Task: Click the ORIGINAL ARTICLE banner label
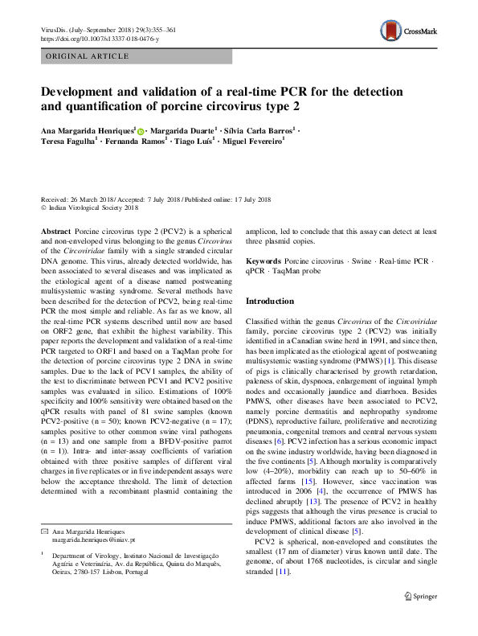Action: [x=88, y=56]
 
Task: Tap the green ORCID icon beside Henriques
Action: [x=142, y=130]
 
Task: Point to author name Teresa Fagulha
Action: [x=67, y=142]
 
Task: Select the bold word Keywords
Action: [x=264, y=262]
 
